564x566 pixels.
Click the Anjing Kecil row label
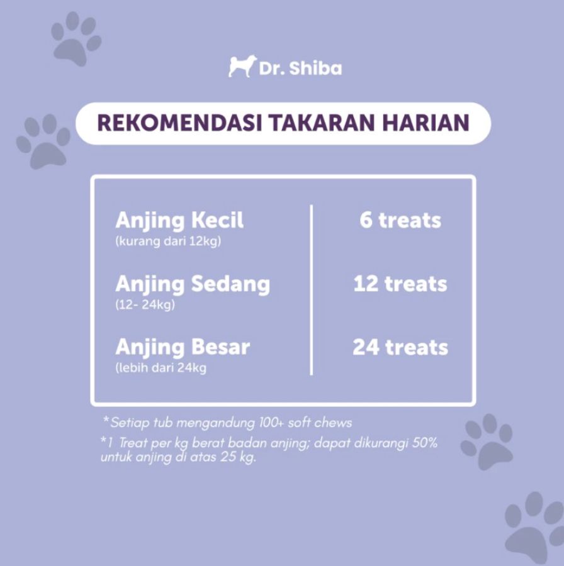(179, 220)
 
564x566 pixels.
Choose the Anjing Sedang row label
(193, 284)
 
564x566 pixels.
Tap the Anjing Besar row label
(183, 347)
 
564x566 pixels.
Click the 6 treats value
(400, 220)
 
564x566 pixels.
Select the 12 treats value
(400, 284)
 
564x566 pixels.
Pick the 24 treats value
(400, 347)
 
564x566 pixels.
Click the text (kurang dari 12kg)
(168, 242)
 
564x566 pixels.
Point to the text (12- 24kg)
(145, 306)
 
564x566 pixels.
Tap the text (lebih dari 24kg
(161, 369)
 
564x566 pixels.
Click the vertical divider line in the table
(312, 289)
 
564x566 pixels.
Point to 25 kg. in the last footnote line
(239, 457)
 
